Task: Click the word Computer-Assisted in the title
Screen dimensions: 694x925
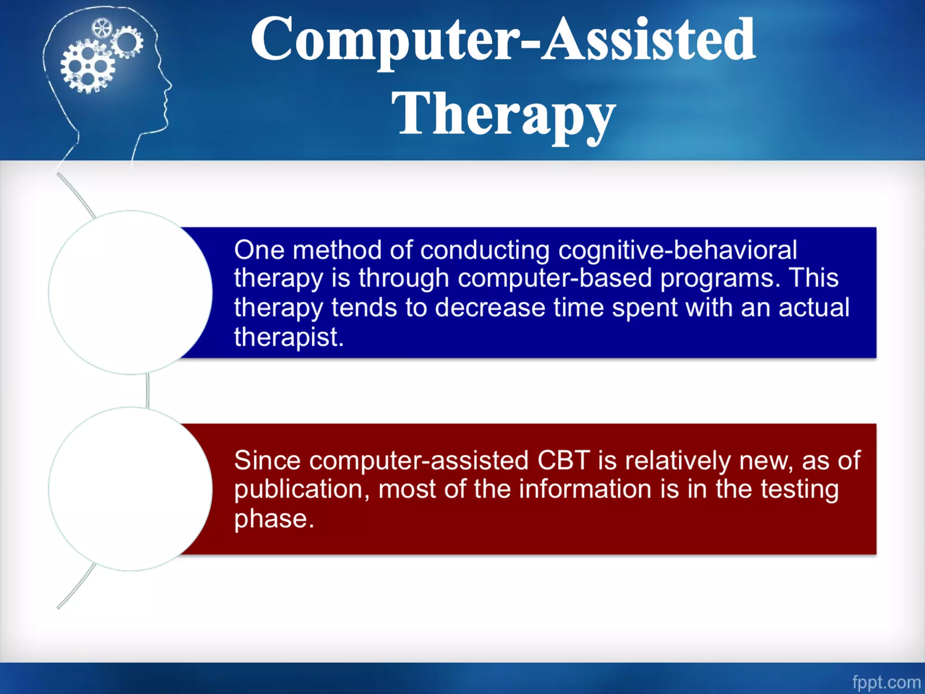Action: (503, 40)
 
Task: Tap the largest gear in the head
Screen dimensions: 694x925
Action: (87, 66)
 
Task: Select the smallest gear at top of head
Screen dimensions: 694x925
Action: (101, 28)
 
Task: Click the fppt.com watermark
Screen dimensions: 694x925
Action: (886, 682)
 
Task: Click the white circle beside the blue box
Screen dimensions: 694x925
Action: (130, 292)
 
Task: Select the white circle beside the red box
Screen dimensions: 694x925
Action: (130, 489)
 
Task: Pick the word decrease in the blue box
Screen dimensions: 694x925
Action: (490, 308)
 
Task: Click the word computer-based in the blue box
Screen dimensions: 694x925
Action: (555, 277)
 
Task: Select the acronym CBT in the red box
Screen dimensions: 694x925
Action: (563, 460)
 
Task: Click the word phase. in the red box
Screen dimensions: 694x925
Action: (274, 519)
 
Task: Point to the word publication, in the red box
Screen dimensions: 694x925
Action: (302, 489)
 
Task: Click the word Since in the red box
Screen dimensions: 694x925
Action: (267, 460)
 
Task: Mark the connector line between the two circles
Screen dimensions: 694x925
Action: (148, 391)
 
